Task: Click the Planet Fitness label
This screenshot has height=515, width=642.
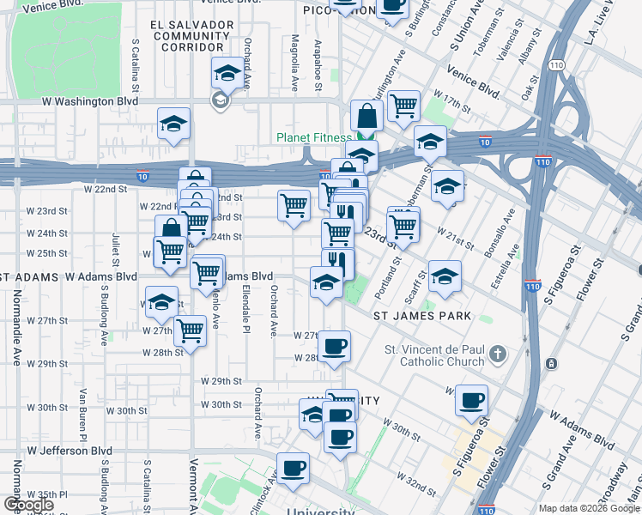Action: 314,137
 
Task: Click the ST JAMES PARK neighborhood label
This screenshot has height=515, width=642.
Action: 422,316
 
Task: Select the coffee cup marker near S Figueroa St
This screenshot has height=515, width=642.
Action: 471,401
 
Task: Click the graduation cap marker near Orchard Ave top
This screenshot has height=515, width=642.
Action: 227,74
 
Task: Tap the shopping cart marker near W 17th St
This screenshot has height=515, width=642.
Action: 403,106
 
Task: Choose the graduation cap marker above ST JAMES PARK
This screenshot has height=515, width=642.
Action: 445,276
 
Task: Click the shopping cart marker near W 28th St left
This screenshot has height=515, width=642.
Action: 190,330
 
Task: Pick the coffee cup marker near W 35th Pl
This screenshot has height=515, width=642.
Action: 294,468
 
